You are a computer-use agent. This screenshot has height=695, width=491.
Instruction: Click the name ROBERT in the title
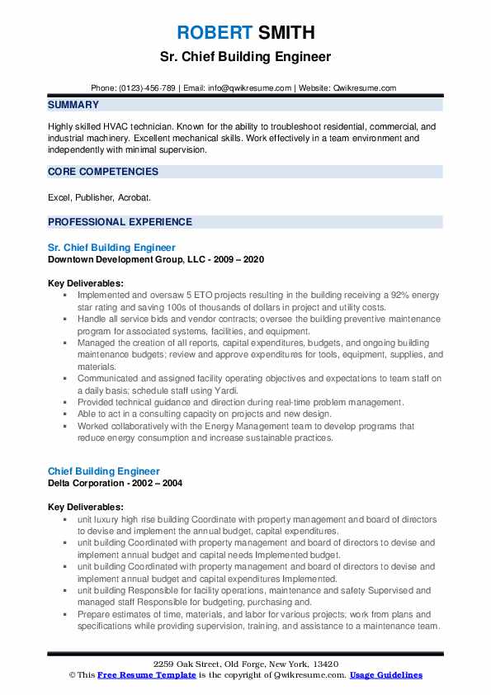[213, 33]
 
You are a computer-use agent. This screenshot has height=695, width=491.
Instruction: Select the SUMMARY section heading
[73, 105]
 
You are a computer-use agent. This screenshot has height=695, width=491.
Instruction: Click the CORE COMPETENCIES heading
[103, 172]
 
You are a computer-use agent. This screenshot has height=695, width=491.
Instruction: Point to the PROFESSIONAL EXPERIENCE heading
[120, 222]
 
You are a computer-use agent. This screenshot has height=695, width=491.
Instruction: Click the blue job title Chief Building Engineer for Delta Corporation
[104, 471]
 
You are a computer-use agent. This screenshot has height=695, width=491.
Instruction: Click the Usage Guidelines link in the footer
[385, 675]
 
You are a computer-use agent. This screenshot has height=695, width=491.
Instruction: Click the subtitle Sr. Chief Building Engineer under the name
[245, 57]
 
